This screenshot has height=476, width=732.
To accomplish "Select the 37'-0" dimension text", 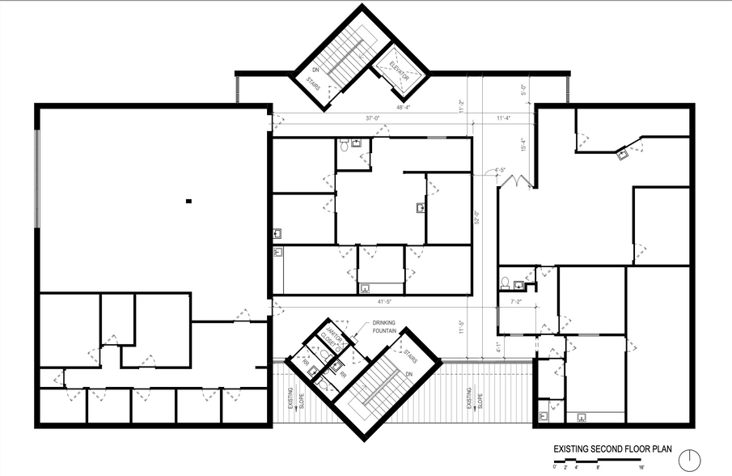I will tap(373, 118).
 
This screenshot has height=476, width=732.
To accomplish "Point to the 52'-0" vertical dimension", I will tap(476, 218).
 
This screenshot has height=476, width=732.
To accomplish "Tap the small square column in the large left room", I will tap(188, 200).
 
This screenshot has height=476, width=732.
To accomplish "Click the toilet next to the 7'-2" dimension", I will tap(506, 283).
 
